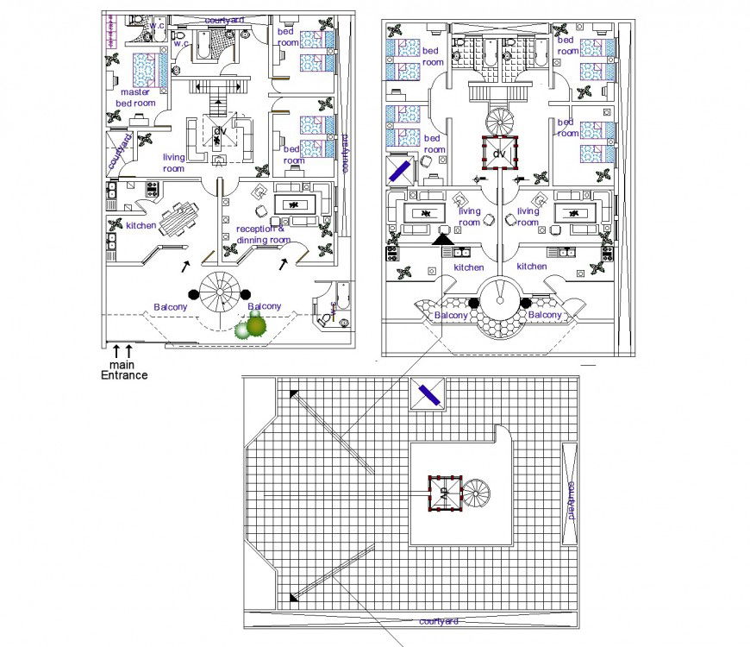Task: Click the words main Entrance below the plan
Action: tap(124, 369)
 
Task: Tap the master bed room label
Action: tap(136, 97)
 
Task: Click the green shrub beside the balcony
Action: tap(252, 327)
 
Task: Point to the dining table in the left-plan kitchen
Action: tap(179, 218)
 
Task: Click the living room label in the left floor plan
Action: tap(174, 163)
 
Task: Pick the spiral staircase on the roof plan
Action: tap(475, 493)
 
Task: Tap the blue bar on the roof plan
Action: tap(428, 395)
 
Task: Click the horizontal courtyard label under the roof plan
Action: tap(438, 621)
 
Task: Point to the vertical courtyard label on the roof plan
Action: tap(570, 500)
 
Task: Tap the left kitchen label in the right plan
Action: tap(469, 267)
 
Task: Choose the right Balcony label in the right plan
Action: tap(545, 316)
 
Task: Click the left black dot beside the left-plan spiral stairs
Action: tap(194, 293)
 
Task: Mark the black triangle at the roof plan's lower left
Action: tap(294, 595)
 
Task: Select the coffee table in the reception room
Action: tap(294, 205)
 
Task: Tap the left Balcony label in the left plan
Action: tap(170, 307)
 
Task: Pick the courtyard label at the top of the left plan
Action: tap(223, 19)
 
